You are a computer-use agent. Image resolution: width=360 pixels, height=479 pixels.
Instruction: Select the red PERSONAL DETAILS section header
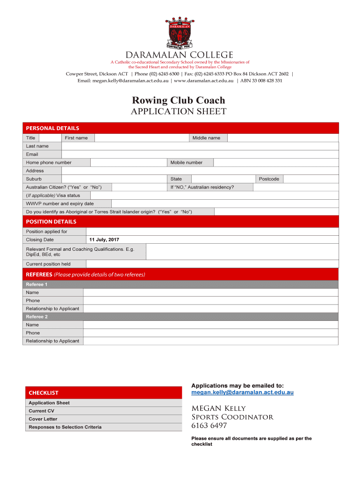(x=180, y=128)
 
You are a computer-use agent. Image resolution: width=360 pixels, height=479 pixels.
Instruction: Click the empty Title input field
(x=50, y=138)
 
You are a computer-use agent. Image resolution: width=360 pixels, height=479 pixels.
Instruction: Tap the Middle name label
(x=206, y=138)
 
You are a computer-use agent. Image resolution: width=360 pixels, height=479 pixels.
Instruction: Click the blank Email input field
(x=200, y=154)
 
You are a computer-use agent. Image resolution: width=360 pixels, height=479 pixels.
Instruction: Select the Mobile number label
(x=187, y=162)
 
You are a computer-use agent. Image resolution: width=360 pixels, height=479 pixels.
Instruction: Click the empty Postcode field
(x=310, y=179)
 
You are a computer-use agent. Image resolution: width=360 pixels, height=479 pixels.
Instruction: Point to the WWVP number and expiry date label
(x=60, y=203)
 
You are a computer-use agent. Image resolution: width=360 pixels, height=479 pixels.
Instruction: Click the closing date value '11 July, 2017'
(x=104, y=240)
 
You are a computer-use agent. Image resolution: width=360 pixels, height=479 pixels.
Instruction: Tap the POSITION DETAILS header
(x=180, y=222)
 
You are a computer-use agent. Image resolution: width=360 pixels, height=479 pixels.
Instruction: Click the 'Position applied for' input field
(x=212, y=232)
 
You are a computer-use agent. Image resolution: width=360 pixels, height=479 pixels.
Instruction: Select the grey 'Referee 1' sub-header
(x=180, y=284)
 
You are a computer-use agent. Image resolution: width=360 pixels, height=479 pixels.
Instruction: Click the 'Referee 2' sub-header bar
(x=180, y=317)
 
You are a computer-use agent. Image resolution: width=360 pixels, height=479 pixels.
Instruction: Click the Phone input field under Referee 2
(x=210, y=333)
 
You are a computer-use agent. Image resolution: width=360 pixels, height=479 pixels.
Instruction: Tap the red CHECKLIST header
(x=102, y=393)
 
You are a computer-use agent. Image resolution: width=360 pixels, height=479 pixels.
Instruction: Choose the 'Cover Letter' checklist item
(x=43, y=419)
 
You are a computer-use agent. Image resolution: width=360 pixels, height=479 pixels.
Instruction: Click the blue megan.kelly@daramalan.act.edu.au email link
(x=242, y=392)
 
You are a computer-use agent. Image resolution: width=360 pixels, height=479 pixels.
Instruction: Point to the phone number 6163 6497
(x=209, y=426)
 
